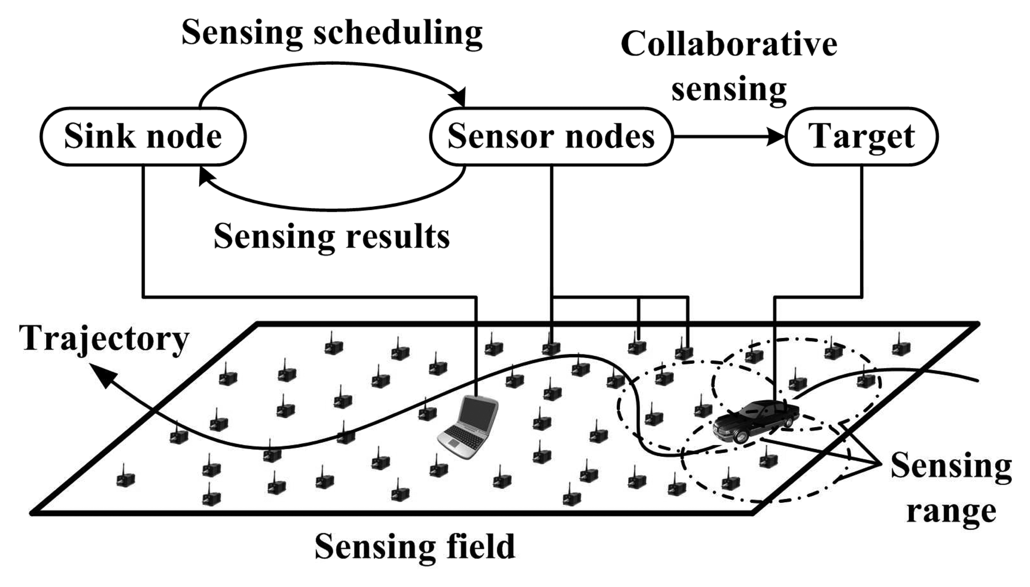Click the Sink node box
[143, 136]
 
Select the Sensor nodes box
[551, 136]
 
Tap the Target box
[862, 136]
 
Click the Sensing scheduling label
[332, 32]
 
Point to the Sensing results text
[332, 237]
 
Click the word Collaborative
[728, 44]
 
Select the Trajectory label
[104, 338]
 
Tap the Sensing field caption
[415, 546]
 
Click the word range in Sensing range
[951, 511]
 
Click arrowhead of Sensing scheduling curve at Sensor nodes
[459, 98]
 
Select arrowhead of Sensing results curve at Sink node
[206, 175]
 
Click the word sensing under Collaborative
[728, 89]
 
